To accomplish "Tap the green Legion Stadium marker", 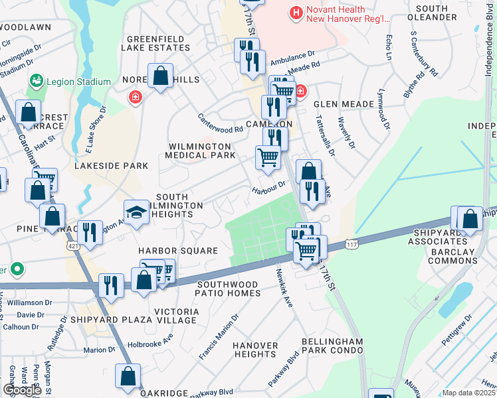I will pos(36,82).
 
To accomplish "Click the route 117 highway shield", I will pos(352,245).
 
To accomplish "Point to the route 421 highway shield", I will pos(71,245).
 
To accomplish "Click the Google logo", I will pos(22,390).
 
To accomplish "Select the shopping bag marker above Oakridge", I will pos(128,376).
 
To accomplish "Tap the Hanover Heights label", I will pos(256,350).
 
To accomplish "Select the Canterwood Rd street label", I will pos(221,122).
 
